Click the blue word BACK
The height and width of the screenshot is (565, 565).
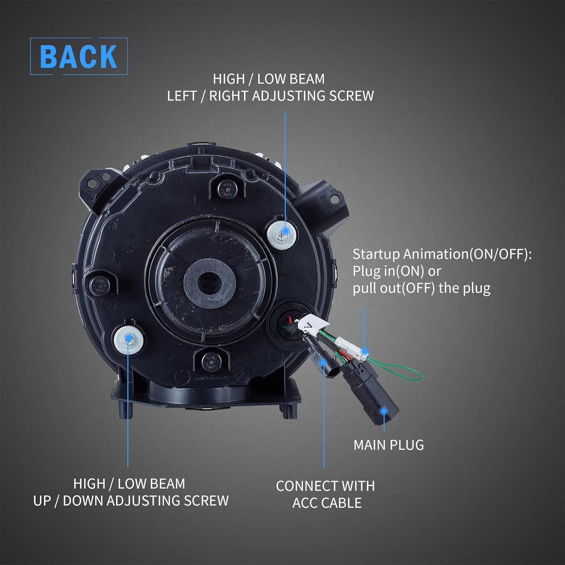(x=78, y=56)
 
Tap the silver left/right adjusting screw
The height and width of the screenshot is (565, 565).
(x=282, y=234)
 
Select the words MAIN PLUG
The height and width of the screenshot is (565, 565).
(x=388, y=445)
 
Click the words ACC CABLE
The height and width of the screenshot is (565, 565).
(x=327, y=503)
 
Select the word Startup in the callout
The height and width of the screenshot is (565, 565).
(x=376, y=254)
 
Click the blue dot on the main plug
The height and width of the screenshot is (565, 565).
(x=383, y=411)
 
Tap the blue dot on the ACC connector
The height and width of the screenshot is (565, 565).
(x=322, y=362)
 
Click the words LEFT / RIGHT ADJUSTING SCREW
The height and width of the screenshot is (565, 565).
(x=270, y=96)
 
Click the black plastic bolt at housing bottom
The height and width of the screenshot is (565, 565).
(x=211, y=362)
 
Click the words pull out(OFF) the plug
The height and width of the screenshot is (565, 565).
(x=421, y=288)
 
